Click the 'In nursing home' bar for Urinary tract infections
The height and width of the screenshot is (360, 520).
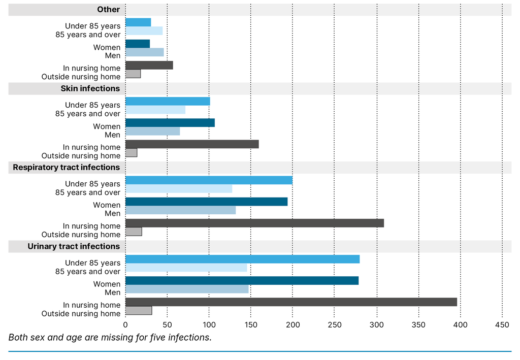[291, 302]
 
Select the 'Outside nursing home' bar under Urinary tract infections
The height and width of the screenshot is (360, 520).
[139, 311]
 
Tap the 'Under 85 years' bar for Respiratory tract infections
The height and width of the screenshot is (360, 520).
[209, 180]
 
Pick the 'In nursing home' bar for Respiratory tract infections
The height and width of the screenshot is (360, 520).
[254, 223]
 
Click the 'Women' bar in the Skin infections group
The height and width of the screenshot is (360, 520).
[170, 123]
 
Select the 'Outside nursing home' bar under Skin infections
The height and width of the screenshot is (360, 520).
[131, 153]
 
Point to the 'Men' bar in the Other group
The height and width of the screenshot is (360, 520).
[144, 52]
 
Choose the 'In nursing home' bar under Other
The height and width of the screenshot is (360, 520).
[149, 65]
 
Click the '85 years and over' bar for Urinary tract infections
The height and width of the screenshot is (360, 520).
[186, 268]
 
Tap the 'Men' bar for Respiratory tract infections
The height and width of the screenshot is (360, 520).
[180, 210]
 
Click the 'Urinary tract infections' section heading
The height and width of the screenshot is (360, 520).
[74, 246]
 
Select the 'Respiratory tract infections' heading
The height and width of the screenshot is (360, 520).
[67, 167]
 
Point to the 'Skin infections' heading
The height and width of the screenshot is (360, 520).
[90, 88]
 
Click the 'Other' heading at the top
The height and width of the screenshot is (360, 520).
[109, 9]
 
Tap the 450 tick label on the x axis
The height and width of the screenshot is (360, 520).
[502, 325]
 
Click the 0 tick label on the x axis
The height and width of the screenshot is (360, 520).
[125, 325]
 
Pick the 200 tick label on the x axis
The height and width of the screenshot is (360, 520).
[292, 325]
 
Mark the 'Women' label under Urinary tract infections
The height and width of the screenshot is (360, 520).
[107, 284]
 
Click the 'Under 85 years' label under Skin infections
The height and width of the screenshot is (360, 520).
[92, 105]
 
